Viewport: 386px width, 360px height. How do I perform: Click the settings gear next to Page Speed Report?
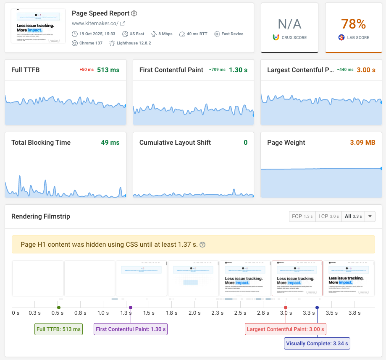pyautogui.click(x=134, y=13)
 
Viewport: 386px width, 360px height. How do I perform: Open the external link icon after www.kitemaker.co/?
pyautogui.click(x=123, y=23)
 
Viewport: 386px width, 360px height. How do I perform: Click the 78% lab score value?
pyautogui.click(x=354, y=24)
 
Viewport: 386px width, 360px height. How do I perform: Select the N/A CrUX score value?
pyautogui.click(x=289, y=24)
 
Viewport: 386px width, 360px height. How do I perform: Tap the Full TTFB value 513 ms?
pyautogui.click(x=108, y=70)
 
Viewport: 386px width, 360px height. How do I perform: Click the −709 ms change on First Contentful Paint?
pyautogui.click(x=217, y=70)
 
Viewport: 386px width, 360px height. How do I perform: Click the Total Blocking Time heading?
pyautogui.click(x=41, y=143)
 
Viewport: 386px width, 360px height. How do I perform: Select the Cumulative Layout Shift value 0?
pyautogui.click(x=246, y=143)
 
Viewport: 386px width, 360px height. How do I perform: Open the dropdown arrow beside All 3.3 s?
pyautogui.click(x=370, y=217)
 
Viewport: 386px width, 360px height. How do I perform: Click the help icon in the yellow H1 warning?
pyautogui.click(x=202, y=245)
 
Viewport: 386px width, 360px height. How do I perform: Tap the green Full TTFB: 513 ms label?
pyautogui.click(x=58, y=329)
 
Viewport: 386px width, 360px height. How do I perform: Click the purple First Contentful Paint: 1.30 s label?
pyautogui.click(x=131, y=329)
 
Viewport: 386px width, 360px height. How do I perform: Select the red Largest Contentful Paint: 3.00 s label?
pyautogui.click(x=285, y=329)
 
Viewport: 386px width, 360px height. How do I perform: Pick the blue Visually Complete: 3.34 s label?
pyautogui.click(x=317, y=344)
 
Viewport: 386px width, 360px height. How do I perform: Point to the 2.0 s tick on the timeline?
pyautogui.click(x=194, y=313)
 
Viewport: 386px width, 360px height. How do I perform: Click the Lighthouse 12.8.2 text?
pyautogui.click(x=133, y=43)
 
